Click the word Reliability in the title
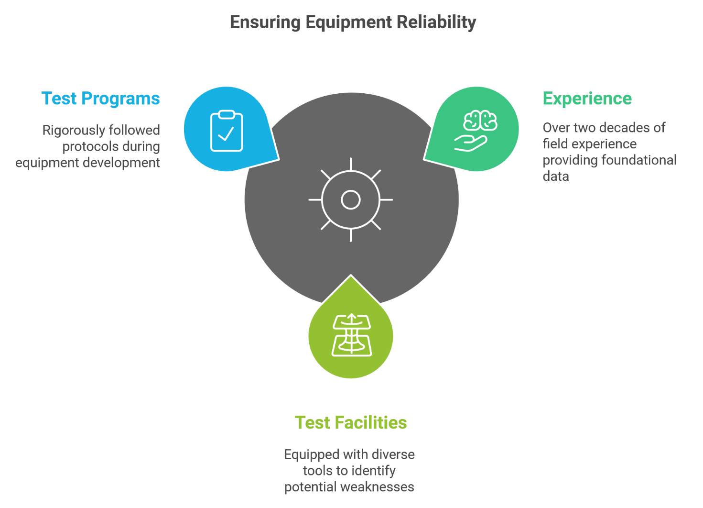tap(436, 22)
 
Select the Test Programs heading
tap(101, 99)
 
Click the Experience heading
tap(587, 99)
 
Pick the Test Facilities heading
tap(351, 422)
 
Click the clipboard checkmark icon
tap(226, 131)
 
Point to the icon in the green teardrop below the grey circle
tap(352, 335)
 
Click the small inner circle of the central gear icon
tap(351, 200)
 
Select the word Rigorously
tap(74, 131)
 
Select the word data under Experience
tap(556, 177)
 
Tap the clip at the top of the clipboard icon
tap(226, 114)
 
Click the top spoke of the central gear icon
tap(351, 164)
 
